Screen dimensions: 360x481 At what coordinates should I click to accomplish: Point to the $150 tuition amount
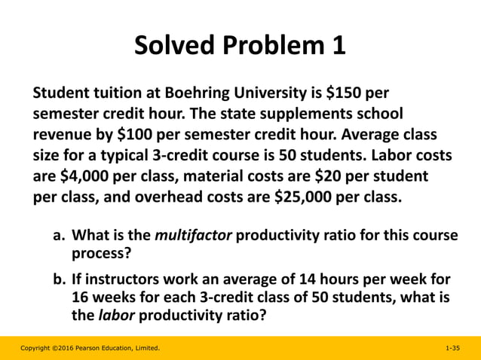pos(344,94)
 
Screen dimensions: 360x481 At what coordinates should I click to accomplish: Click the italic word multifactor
pos(195,236)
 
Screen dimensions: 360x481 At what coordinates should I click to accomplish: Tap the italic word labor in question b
pos(115,316)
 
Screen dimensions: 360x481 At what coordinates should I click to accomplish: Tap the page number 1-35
pos(452,349)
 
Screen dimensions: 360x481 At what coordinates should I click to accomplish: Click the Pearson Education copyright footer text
pos(90,349)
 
